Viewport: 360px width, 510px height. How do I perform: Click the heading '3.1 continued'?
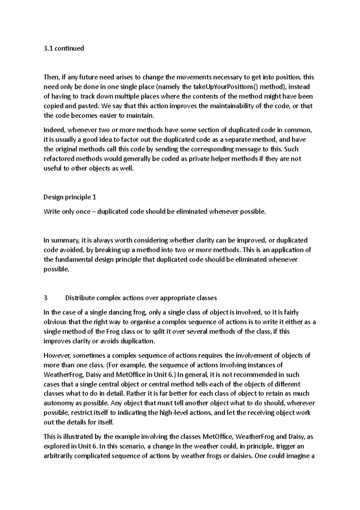pos(64,48)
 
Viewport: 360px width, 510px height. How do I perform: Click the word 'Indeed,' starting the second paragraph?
pos(55,130)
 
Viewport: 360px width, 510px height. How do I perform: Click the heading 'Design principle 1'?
pos(70,197)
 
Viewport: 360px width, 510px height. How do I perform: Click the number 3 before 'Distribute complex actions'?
pos(46,298)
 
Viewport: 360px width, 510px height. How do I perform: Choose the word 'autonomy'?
pos(57,403)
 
